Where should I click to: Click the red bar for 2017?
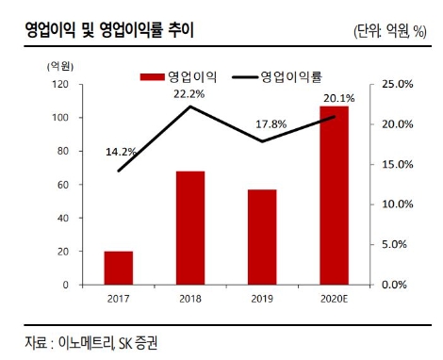click(118, 268)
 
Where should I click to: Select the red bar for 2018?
click(189, 227)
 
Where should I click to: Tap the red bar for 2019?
click(261, 237)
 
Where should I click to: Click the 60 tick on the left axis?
click(62, 185)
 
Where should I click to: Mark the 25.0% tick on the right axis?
click(397, 85)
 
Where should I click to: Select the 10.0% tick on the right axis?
click(397, 205)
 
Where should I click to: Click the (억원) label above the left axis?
click(59, 65)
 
